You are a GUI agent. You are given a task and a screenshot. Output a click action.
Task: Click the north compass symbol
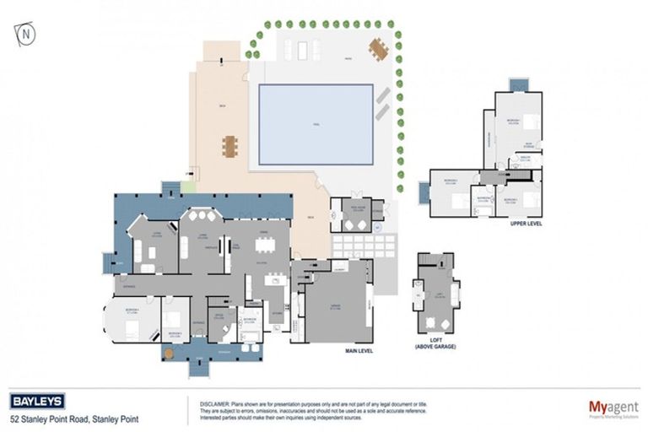point(27,35)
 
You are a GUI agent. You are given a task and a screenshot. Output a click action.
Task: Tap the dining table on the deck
point(230,147)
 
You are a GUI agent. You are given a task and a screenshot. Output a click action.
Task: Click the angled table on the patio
point(377,50)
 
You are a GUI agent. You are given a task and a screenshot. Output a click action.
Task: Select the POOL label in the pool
point(316,124)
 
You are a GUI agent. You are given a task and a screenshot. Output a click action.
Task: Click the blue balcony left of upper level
point(424,192)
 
